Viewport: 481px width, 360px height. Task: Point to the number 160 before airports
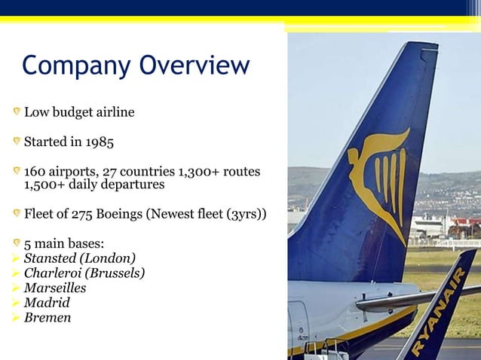click(x=35, y=172)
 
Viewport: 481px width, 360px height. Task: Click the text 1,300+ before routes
click(x=198, y=172)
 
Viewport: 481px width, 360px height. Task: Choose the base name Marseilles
click(x=55, y=288)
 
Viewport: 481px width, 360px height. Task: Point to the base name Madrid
click(x=47, y=303)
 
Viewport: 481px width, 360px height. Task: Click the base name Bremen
click(x=47, y=318)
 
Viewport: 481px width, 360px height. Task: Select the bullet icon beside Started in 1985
click(x=16, y=141)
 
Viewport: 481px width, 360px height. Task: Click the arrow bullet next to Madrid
click(x=16, y=303)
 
